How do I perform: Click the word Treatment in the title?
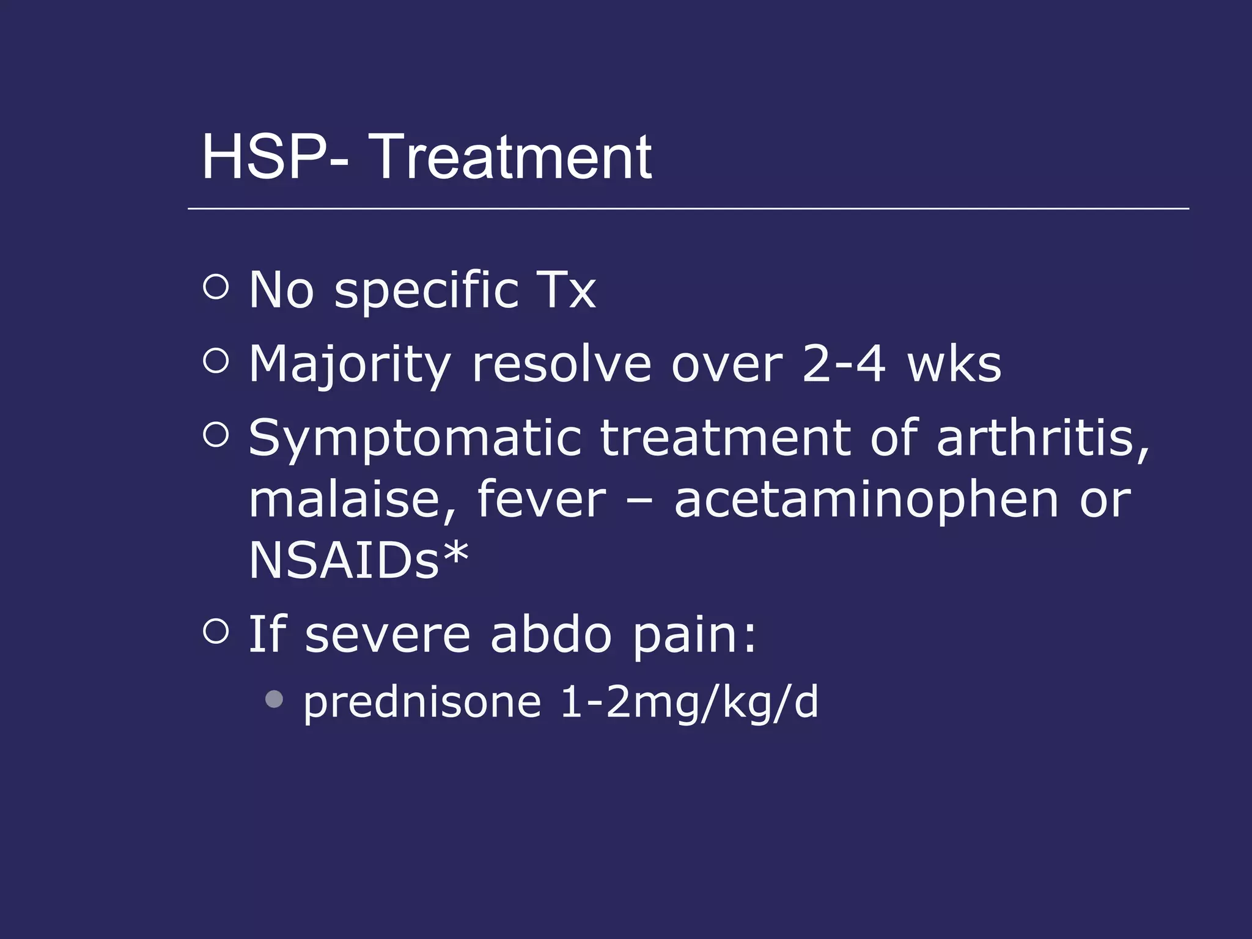[511, 158]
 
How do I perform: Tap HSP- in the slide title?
[275, 158]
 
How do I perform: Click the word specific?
[426, 291]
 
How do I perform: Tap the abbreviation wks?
[954, 364]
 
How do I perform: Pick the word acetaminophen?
[866, 500]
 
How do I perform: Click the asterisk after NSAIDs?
[456, 554]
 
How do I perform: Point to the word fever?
[541, 500]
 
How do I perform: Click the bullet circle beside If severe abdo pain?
[216, 631]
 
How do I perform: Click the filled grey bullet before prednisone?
[274, 699]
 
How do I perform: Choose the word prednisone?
[422, 703]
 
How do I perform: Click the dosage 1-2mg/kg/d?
[689, 703]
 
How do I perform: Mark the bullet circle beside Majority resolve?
[216, 361]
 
